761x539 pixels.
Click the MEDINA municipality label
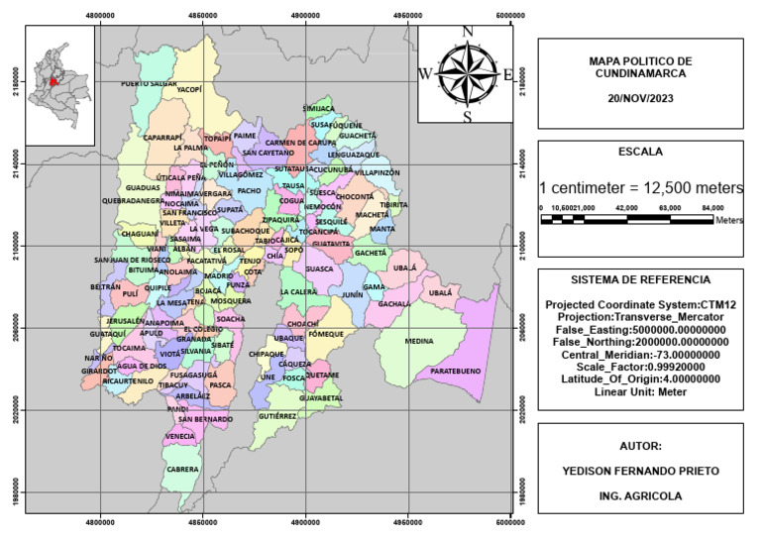[419, 341]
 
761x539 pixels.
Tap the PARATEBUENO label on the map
[454, 371]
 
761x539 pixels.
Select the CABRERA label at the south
[183, 469]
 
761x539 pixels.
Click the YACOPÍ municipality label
[189, 89]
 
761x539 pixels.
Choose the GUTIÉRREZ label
[276, 416]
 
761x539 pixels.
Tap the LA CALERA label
[298, 292]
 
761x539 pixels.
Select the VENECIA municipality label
[179, 436]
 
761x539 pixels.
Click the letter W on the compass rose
[425, 74]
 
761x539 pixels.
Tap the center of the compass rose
[467, 74]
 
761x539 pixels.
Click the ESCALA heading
[639, 153]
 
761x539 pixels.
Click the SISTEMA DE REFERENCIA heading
[639, 280]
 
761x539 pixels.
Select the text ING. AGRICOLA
[639, 494]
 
